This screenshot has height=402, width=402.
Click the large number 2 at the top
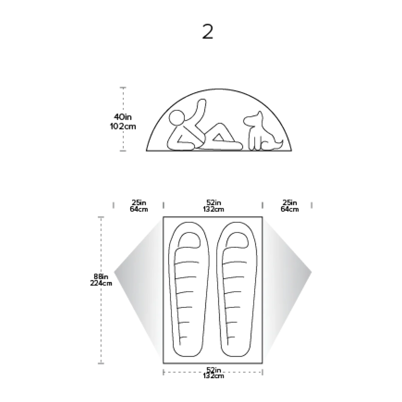208,32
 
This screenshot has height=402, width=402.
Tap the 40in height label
123,117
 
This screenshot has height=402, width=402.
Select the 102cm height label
123,127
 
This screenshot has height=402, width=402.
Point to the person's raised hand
201,103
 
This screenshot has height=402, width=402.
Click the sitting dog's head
254,119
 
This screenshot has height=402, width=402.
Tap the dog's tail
278,145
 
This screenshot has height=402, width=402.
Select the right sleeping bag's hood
237,240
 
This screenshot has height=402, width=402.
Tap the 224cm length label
101,283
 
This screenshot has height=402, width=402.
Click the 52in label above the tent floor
214,203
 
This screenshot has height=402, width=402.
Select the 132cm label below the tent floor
214,376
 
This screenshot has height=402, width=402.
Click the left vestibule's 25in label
139,203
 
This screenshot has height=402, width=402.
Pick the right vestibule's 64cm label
290,209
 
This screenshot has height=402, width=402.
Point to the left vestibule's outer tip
114,272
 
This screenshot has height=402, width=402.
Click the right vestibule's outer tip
312,272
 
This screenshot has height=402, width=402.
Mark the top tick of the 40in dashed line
123,88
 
